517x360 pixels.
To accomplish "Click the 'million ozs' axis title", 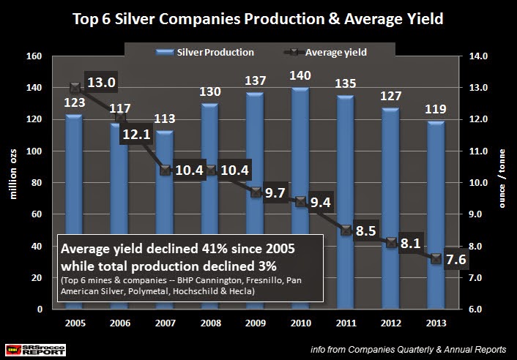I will pyautogui.click(x=14, y=183).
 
